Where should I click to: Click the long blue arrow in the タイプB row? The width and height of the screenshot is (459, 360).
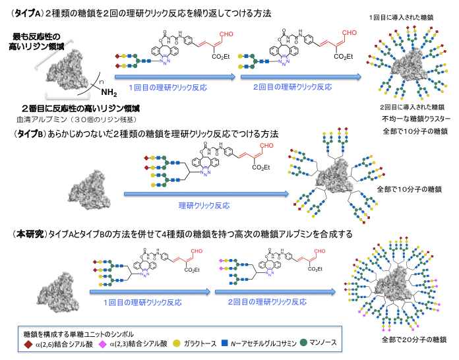click(x=204, y=193)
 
